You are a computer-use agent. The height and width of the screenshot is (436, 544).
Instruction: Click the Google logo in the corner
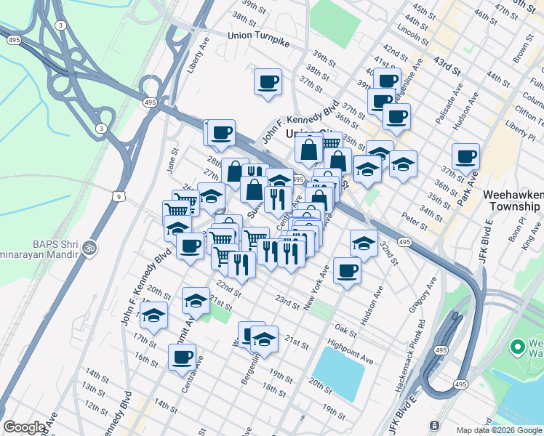24,427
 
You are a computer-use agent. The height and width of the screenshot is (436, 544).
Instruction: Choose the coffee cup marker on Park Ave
465,156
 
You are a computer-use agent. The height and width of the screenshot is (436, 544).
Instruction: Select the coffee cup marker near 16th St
182,357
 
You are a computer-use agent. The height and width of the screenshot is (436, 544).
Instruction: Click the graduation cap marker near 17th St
153,315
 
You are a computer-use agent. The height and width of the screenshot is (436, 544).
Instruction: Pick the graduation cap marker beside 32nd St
364,243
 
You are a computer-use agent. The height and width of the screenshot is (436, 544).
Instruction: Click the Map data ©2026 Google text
498,430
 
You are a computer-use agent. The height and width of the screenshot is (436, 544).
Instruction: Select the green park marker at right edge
518,347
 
